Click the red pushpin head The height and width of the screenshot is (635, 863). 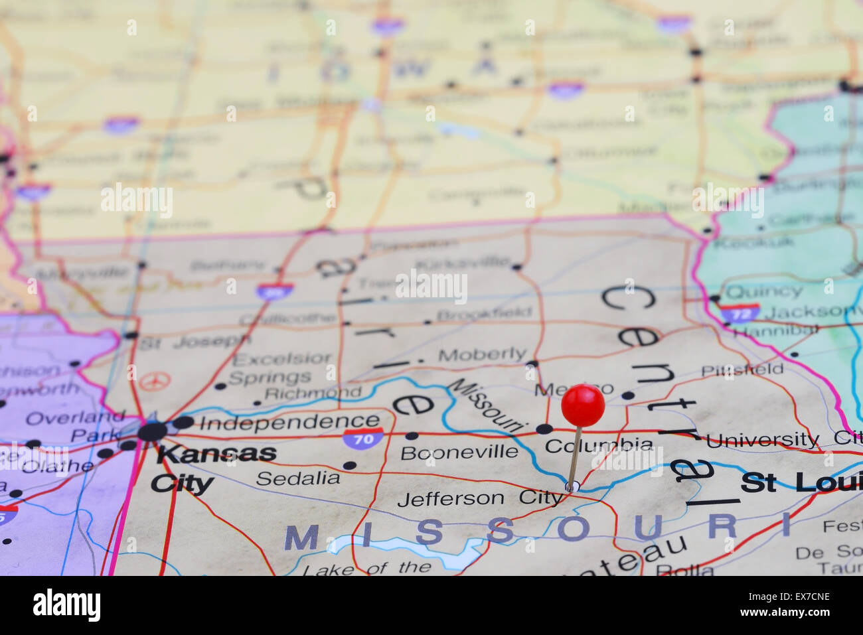[583, 405]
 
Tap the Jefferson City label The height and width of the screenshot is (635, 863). [479, 498]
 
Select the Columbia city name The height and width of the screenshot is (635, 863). [599, 445]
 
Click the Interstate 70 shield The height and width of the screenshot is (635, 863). [364, 438]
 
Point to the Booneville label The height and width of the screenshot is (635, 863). [459, 453]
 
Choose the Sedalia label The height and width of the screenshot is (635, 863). [298, 478]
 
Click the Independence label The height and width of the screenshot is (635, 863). [289, 422]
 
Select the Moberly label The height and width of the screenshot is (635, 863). [482, 355]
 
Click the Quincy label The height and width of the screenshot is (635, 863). [764, 291]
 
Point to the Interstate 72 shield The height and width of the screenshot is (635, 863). [740, 313]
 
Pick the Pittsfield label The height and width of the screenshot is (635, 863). [742, 369]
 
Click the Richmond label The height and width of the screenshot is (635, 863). [313, 392]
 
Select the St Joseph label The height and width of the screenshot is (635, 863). [194, 342]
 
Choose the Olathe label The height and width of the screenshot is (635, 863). [57, 466]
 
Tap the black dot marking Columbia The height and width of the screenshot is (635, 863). [544, 429]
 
